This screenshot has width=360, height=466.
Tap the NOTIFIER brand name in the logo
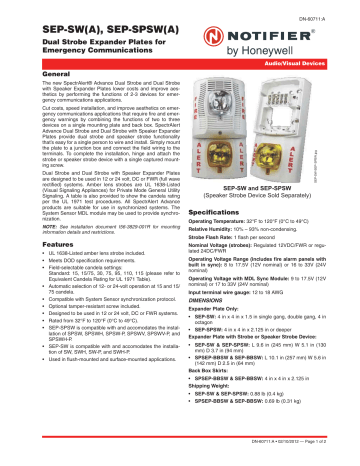(x=303, y=34)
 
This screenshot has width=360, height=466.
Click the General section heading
(x=32, y=73)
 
